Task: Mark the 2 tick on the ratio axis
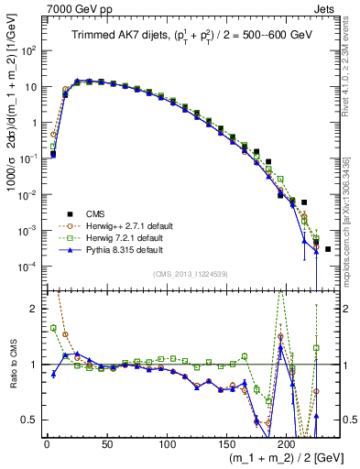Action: [34, 309]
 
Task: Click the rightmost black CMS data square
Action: [328, 249]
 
